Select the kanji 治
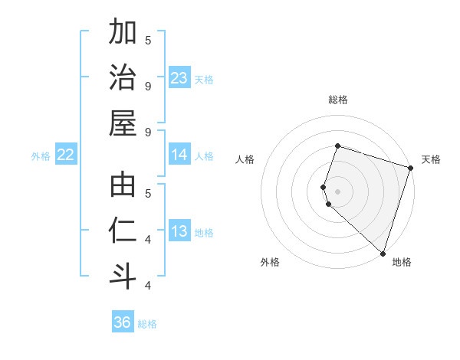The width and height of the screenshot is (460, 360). coord(123,79)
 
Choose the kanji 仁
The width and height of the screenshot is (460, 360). coord(123,232)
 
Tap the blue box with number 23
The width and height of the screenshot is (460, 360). coord(179,78)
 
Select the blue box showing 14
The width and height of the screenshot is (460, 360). coord(179,155)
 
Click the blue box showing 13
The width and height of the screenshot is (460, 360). coord(179,231)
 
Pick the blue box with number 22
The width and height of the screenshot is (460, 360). coord(65,155)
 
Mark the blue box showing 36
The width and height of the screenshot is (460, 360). coord(122,322)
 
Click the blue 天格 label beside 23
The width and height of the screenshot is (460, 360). coord(204,80)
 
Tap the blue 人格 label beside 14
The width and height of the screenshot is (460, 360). coord(204,156)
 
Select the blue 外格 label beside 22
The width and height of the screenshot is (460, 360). coord(41,156)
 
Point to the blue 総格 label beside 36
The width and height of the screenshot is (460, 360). coord(147,324)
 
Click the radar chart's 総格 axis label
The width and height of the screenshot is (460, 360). coord(337,100)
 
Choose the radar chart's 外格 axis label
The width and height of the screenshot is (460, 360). coord(270,262)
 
